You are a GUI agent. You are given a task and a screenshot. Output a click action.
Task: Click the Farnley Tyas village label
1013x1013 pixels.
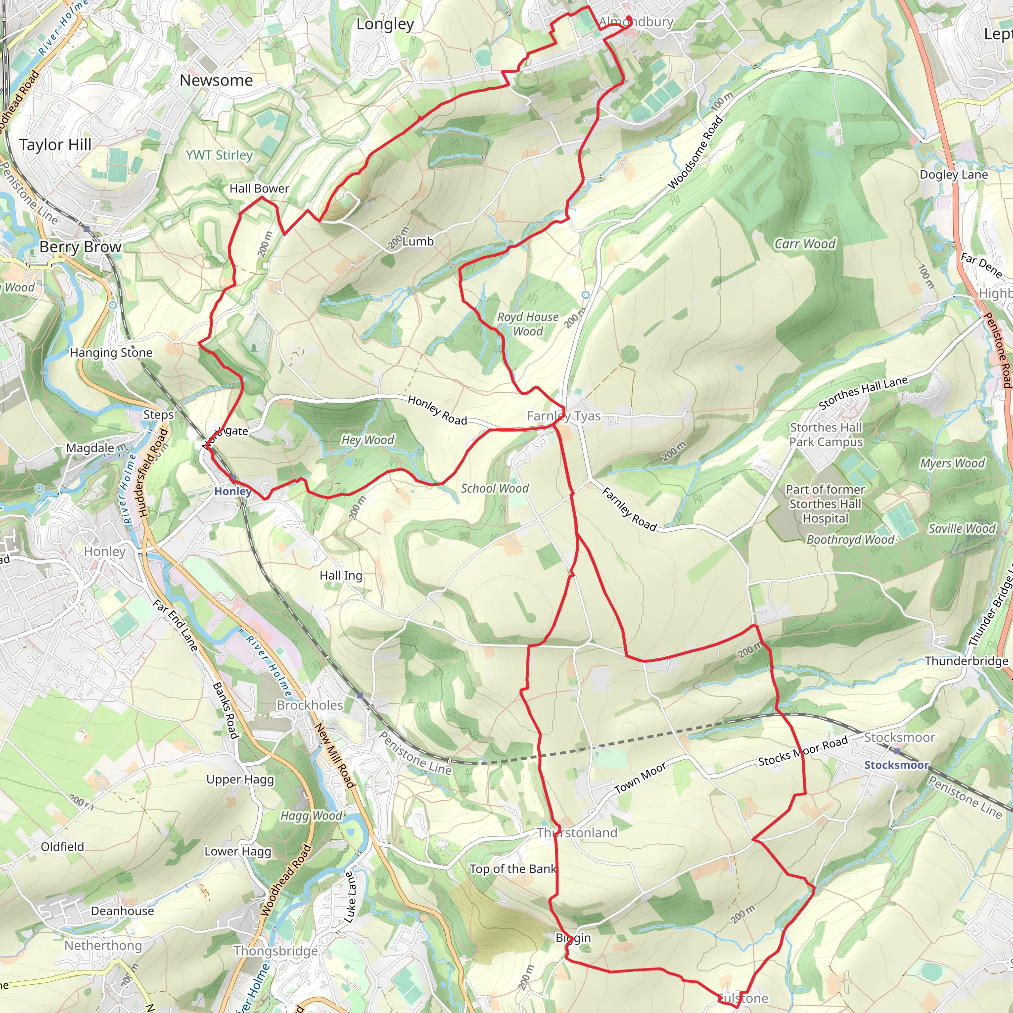coord(564,416)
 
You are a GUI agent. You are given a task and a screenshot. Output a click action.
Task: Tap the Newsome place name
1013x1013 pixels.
coord(216,80)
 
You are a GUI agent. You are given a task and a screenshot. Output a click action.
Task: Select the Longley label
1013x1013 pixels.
coord(385,24)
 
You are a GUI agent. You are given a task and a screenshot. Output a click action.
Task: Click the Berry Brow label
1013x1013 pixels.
coord(80,247)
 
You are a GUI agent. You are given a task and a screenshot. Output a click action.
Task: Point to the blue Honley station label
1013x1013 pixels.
coord(232,491)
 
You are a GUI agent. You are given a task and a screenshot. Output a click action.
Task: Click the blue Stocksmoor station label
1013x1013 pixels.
coord(896,765)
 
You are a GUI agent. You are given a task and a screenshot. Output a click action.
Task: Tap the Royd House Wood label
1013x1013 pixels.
coord(527,324)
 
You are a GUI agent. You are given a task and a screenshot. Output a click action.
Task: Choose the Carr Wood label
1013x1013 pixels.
coord(805,244)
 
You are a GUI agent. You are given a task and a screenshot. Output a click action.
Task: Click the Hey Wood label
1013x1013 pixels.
coord(368,440)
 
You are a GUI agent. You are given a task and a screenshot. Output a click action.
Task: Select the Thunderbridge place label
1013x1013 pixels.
coord(966,661)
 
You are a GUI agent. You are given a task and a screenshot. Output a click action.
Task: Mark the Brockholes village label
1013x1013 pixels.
coord(310,705)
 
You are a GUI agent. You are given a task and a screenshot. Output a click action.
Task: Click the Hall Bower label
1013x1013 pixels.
coord(259,188)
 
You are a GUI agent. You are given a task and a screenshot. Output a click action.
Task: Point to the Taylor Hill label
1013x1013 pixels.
coord(55,145)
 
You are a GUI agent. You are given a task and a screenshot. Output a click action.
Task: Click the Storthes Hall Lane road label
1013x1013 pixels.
coord(863,393)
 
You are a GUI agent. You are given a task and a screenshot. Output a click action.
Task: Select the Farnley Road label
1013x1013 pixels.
coord(629,509)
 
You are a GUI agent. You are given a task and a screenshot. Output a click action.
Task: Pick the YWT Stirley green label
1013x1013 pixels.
coord(219,155)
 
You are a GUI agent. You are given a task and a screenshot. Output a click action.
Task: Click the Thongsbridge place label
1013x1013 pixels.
coord(276,951)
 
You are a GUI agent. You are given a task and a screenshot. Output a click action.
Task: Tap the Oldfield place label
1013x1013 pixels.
coord(62,847)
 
